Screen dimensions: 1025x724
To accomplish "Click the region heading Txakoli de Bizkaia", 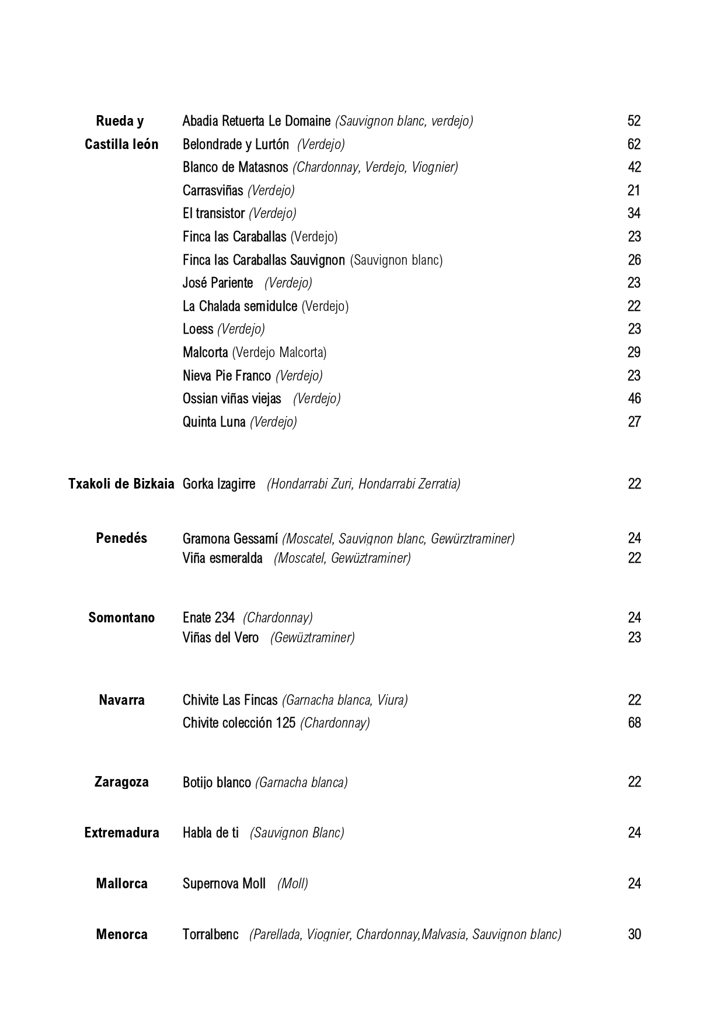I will tap(121, 484).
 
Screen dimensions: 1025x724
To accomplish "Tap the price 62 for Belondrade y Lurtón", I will tap(634, 144).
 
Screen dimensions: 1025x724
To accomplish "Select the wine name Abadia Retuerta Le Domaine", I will tap(256, 121).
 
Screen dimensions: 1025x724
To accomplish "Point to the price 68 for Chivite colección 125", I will tap(634, 723).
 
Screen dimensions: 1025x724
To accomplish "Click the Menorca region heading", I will tap(121, 934).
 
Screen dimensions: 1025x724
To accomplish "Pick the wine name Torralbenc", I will tap(210, 934).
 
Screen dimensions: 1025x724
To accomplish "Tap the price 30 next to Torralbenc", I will tap(634, 934).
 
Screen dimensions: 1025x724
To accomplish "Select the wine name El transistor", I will tap(213, 213).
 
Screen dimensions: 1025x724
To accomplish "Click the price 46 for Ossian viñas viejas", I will tap(634, 399).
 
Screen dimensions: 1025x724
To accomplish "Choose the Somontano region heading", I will tap(121, 618).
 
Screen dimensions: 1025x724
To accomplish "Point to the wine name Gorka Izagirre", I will tap(219, 484).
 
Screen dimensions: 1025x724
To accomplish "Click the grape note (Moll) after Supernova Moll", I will tap(293, 884).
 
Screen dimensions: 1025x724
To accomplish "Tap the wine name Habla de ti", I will tap(211, 833).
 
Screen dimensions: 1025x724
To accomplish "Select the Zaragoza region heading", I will tap(121, 782).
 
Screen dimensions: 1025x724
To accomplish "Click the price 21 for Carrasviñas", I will tap(634, 191).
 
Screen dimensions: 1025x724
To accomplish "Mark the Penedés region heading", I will tap(121, 538).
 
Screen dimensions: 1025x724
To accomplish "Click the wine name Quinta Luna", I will tap(214, 422).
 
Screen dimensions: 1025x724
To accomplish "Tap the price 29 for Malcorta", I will tap(634, 352).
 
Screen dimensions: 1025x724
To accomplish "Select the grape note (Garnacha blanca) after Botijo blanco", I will tap(301, 782).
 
